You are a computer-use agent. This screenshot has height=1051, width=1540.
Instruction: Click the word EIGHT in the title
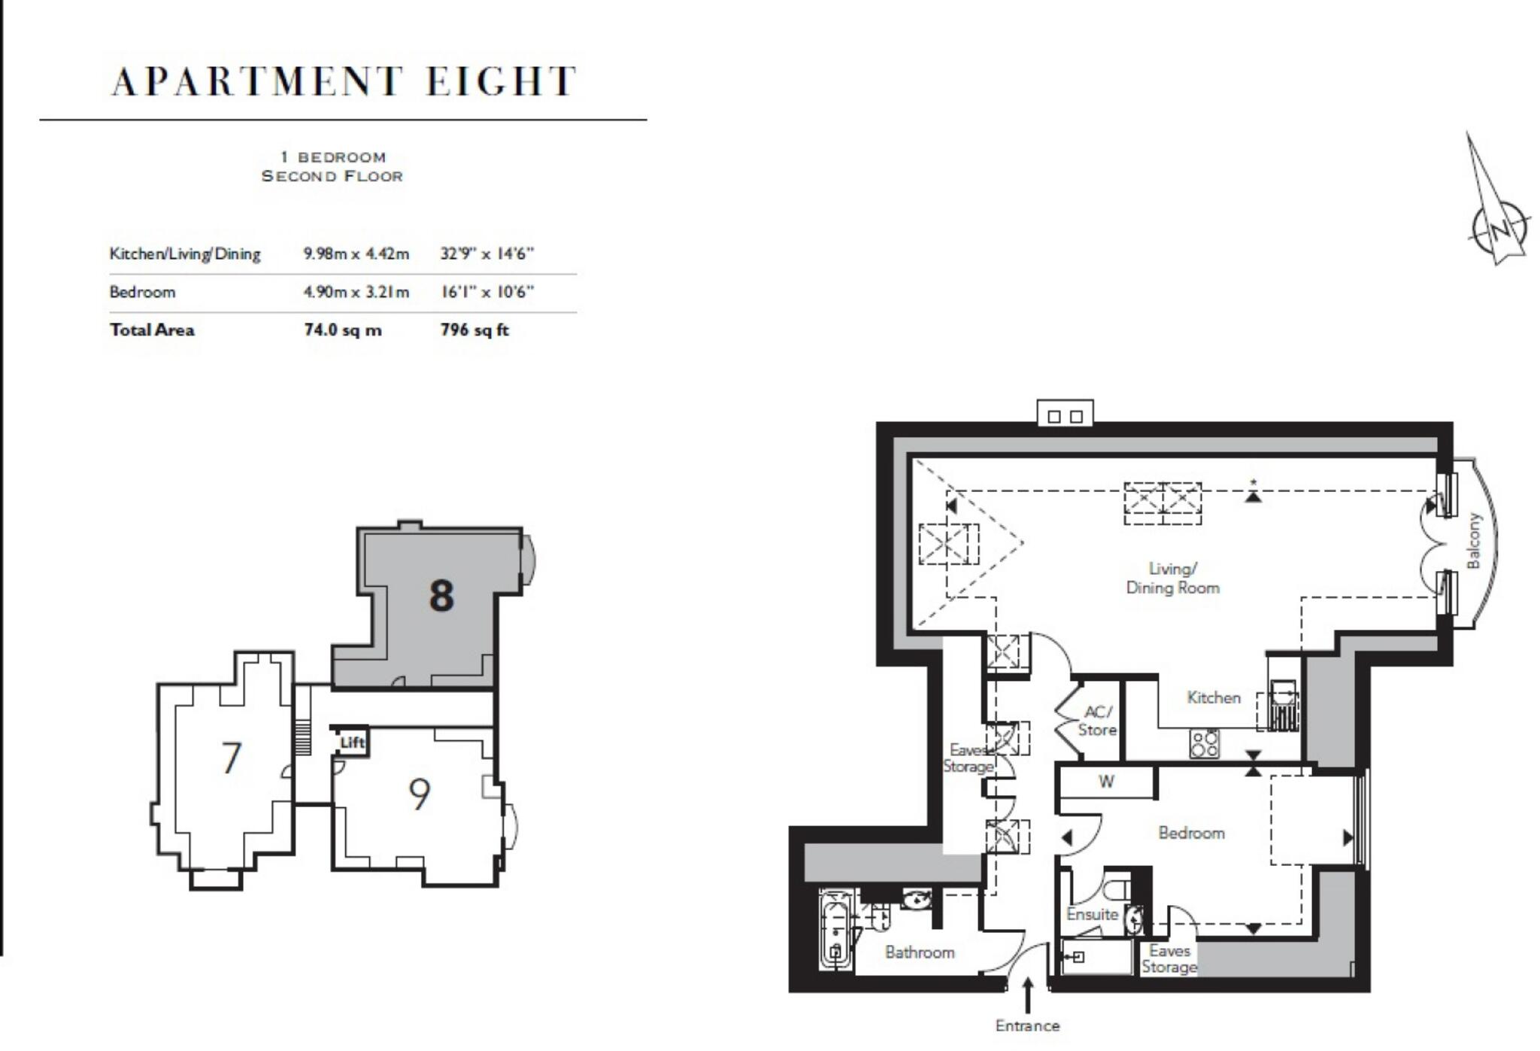(502, 81)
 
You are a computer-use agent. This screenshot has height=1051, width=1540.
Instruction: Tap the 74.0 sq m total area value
(342, 330)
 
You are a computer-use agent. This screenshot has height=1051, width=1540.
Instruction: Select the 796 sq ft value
(474, 330)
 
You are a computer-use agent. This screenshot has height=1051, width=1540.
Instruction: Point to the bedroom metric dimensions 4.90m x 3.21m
(356, 292)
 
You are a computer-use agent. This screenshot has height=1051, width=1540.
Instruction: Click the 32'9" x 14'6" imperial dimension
(487, 254)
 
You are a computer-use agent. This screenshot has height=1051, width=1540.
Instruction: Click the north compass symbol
(1498, 225)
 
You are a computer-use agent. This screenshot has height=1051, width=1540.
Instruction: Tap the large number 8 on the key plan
(441, 596)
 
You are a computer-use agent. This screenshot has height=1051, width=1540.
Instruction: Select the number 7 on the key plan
(232, 758)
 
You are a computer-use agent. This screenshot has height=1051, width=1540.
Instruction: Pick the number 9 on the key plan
(419, 794)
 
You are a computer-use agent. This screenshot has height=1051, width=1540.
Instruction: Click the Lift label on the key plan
(352, 743)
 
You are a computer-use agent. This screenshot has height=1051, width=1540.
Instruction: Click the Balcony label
(1473, 541)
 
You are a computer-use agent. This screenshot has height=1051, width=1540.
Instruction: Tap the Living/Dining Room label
(1172, 579)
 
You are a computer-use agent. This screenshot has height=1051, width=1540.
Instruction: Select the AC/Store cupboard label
(1097, 721)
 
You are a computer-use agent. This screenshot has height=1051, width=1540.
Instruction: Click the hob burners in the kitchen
(1204, 744)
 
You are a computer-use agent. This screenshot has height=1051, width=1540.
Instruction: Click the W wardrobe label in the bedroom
(1106, 782)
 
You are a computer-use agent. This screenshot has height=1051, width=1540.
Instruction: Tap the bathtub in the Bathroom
(835, 931)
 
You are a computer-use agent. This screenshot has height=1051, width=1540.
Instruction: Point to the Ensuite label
(1092, 915)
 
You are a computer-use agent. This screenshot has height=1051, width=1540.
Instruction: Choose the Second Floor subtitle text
(332, 176)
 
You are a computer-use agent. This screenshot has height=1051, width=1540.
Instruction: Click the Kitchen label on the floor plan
(1213, 697)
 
